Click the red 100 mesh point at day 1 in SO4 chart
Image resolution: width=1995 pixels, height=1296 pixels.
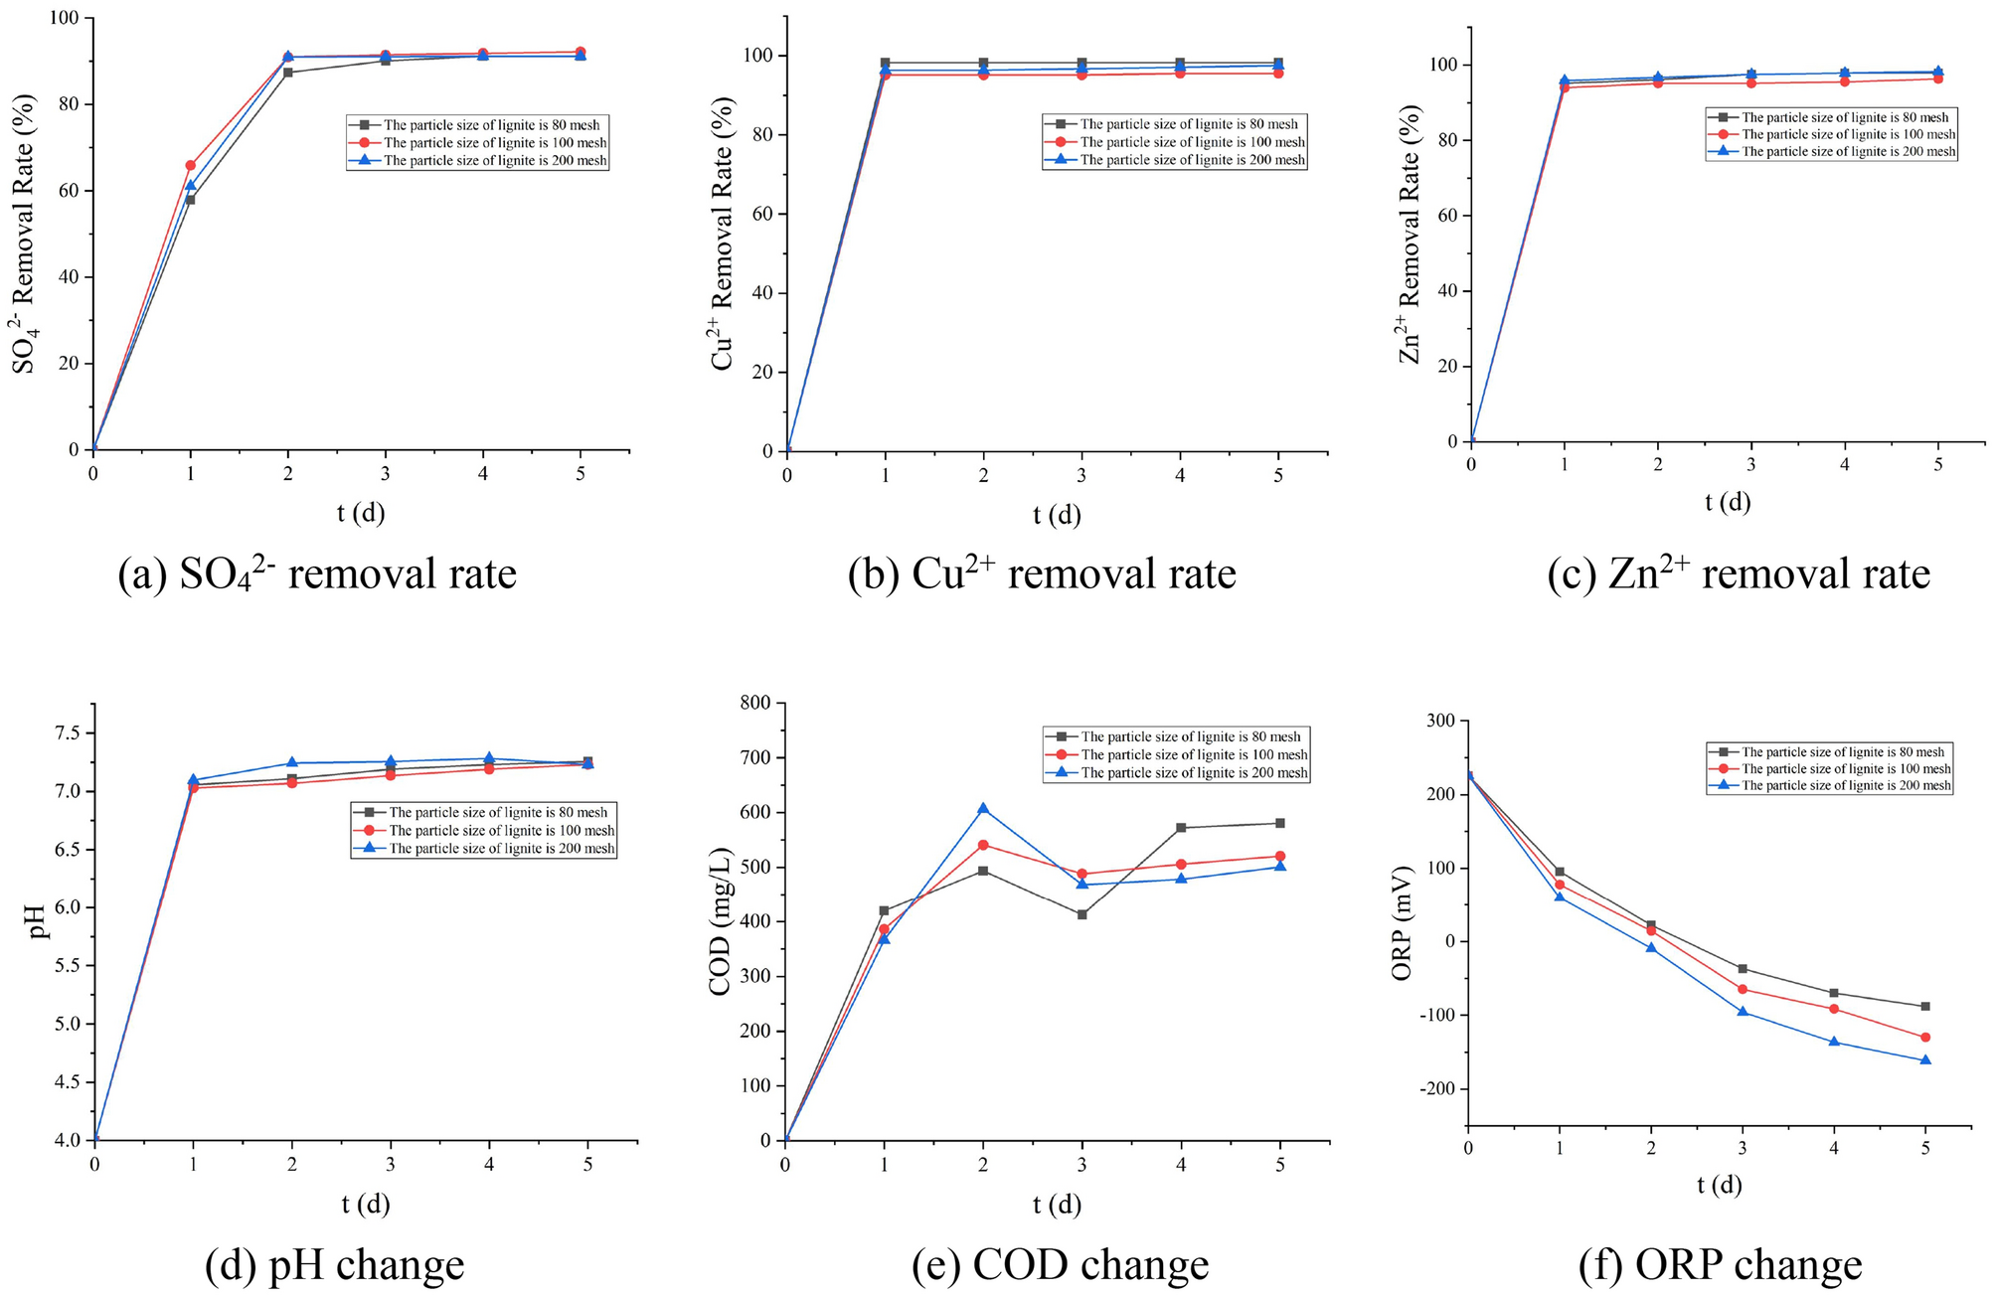pos(190,165)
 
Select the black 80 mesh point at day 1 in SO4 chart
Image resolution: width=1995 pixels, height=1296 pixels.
pos(190,200)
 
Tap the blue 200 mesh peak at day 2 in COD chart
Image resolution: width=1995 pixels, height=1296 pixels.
pos(983,808)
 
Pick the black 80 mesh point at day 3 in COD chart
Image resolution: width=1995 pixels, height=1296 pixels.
pos(1081,914)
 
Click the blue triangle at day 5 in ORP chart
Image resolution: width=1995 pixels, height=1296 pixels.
pos(1925,1060)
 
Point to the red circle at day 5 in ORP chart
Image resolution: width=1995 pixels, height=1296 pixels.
pos(1925,1038)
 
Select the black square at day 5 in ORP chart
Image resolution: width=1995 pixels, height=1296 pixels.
pos(1925,1007)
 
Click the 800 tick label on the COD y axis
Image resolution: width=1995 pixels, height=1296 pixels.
pos(755,704)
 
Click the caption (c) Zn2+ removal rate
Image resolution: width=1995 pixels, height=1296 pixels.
pos(1738,574)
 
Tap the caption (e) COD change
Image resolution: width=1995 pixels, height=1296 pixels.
pos(1060,1265)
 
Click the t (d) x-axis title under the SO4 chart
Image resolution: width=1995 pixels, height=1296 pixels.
pos(360,513)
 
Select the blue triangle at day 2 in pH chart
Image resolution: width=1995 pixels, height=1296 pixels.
pos(292,762)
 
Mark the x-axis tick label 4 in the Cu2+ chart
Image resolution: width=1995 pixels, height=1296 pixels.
pos(1180,476)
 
